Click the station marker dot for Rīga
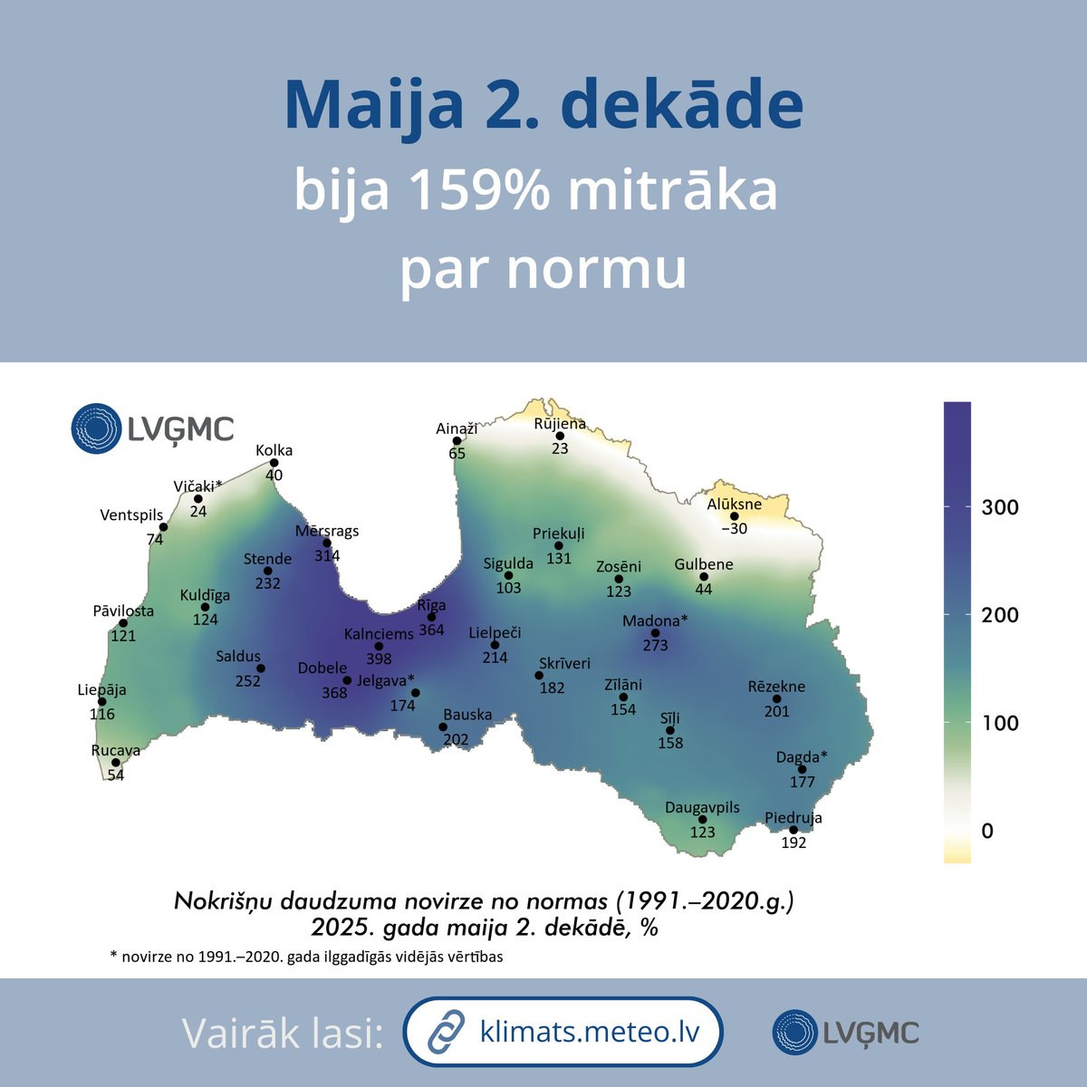point(431,617)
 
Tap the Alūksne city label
point(734,504)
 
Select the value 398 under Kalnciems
point(379,659)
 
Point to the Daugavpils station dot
point(703,820)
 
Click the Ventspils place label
point(131,515)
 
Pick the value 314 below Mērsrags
point(327,555)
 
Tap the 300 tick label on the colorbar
point(1000,507)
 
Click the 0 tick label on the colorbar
point(987,831)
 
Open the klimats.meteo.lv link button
point(563,1032)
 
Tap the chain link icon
point(445,1032)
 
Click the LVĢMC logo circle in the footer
point(795,1032)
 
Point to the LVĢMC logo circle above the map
point(96,428)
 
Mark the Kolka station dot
point(274,462)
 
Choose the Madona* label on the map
point(655,620)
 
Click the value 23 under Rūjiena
point(560,447)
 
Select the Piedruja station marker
point(794,830)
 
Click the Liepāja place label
point(101,689)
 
